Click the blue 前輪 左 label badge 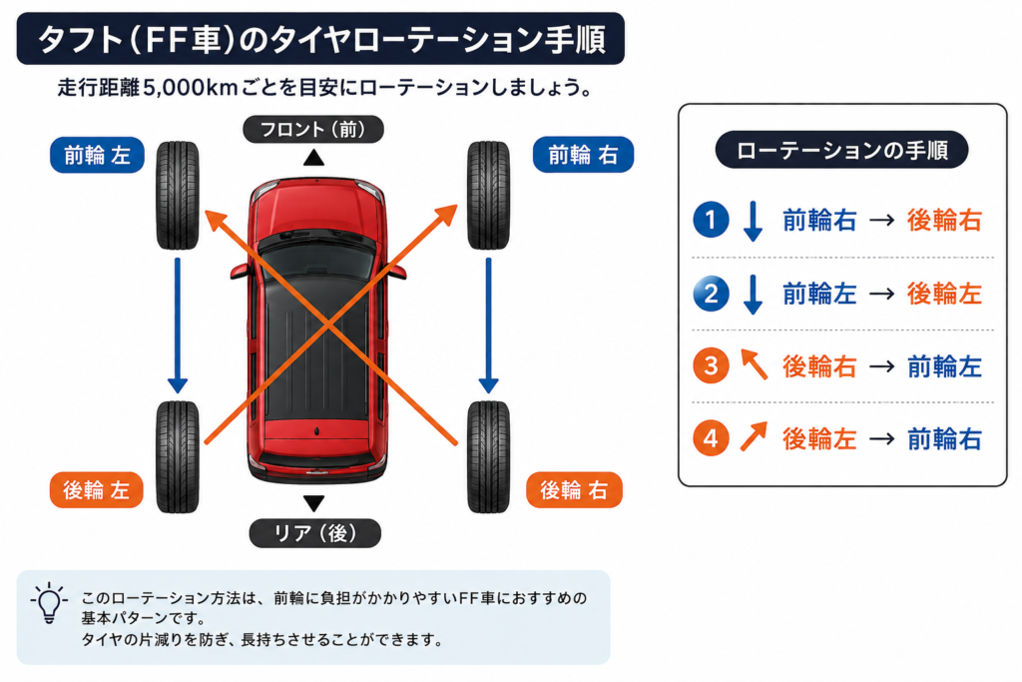click(x=97, y=155)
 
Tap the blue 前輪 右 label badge click(x=583, y=155)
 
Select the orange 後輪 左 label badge click(x=97, y=489)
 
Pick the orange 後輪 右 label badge click(x=574, y=489)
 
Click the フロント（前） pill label click(x=312, y=129)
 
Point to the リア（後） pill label click(x=314, y=532)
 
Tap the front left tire click(x=178, y=195)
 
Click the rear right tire click(x=488, y=456)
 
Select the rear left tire click(x=178, y=456)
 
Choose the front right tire click(x=488, y=195)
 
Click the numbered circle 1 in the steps click(x=711, y=219)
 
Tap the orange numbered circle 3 click(x=711, y=365)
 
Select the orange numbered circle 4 click(x=711, y=437)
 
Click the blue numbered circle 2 click(x=711, y=293)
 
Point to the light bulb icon click(x=49, y=602)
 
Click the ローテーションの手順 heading click(x=841, y=150)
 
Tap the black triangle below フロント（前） click(x=313, y=157)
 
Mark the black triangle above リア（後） click(x=313, y=502)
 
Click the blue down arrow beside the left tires click(x=178, y=326)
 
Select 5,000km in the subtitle click(x=190, y=87)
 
